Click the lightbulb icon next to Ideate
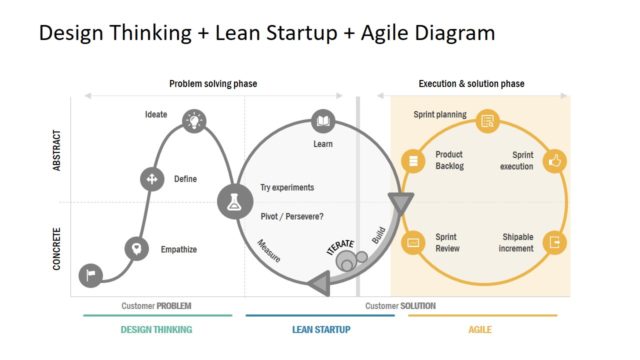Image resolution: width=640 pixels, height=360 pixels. click(193, 122)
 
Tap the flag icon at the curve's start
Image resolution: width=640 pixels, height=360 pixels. click(90, 273)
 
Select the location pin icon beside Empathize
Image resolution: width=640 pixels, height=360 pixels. click(134, 248)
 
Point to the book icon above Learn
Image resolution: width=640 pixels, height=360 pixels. click(323, 122)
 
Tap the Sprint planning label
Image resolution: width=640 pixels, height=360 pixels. click(440, 115)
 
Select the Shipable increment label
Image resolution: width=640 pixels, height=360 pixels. click(518, 243)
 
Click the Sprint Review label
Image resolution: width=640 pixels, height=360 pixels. click(448, 243)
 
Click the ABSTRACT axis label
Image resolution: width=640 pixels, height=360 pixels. click(57, 147)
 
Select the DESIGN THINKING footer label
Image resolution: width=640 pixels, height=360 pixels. click(156, 329)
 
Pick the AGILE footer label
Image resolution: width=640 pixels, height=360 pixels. click(481, 329)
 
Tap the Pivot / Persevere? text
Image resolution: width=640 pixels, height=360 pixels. click(292, 216)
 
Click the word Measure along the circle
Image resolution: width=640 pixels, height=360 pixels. click(268, 251)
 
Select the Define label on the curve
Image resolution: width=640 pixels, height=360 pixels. click(185, 179)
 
